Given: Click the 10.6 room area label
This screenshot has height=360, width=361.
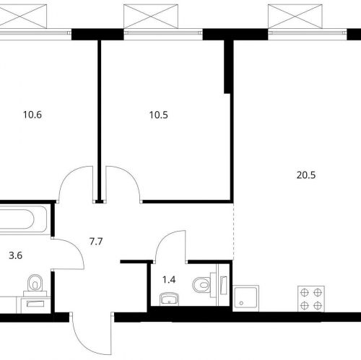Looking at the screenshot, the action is tap(32, 115).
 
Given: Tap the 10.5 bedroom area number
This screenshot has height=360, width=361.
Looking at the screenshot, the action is tap(159, 115).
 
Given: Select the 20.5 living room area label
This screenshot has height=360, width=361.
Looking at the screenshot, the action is tap(306, 175).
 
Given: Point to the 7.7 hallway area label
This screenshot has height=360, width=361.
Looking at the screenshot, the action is tap(96, 242).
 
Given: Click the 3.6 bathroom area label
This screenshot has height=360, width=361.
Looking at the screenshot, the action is tap(16, 255).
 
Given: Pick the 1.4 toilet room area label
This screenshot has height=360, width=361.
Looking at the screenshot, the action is tap(169, 280).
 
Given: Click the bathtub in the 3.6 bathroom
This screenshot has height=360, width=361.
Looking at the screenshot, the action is tap(24, 219).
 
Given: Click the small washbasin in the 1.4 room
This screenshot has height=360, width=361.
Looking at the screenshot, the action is tap(169, 299).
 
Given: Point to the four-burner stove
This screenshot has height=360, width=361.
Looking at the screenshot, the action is tap(311, 299).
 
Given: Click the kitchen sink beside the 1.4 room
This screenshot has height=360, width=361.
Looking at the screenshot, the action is tap(246, 299).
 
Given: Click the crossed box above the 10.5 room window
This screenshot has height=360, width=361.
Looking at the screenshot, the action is tap(151, 17).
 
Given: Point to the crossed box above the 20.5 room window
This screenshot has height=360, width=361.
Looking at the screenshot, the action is tap(295, 17).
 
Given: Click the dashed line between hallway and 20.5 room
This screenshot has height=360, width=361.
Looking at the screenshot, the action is tap(233, 232).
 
